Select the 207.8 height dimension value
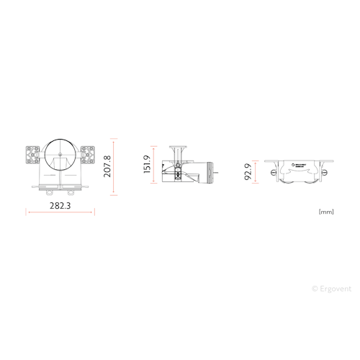click(x=108, y=166)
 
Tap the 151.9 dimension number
click(x=148, y=165)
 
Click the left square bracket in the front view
click(x=33, y=154)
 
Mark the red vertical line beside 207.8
click(x=117, y=165)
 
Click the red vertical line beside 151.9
click(x=156, y=165)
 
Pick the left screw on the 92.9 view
click(x=273, y=171)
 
